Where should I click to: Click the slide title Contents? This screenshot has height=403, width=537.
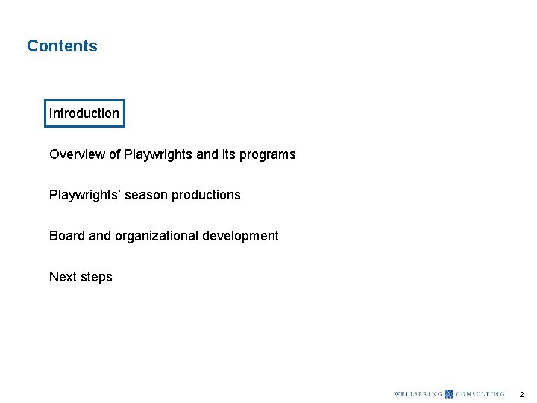pyautogui.click(x=62, y=46)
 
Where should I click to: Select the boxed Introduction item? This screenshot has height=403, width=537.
pyautogui.click(x=84, y=113)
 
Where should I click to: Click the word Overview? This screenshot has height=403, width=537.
pyautogui.click(x=77, y=154)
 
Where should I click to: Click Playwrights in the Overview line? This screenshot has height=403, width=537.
pyautogui.click(x=158, y=154)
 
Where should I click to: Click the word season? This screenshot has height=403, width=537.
pyautogui.click(x=148, y=195)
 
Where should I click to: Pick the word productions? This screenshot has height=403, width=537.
pyautogui.click(x=206, y=195)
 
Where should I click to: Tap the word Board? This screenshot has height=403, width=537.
pyautogui.click(x=67, y=236)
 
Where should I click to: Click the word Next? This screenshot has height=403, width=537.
pyautogui.click(x=63, y=277)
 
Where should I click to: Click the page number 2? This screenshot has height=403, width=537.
pyautogui.click(x=521, y=394)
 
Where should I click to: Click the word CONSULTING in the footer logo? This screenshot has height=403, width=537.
pyautogui.click(x=480, y=394)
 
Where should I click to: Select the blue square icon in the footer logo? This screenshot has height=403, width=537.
pyautogui.click(x=448, y=394)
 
